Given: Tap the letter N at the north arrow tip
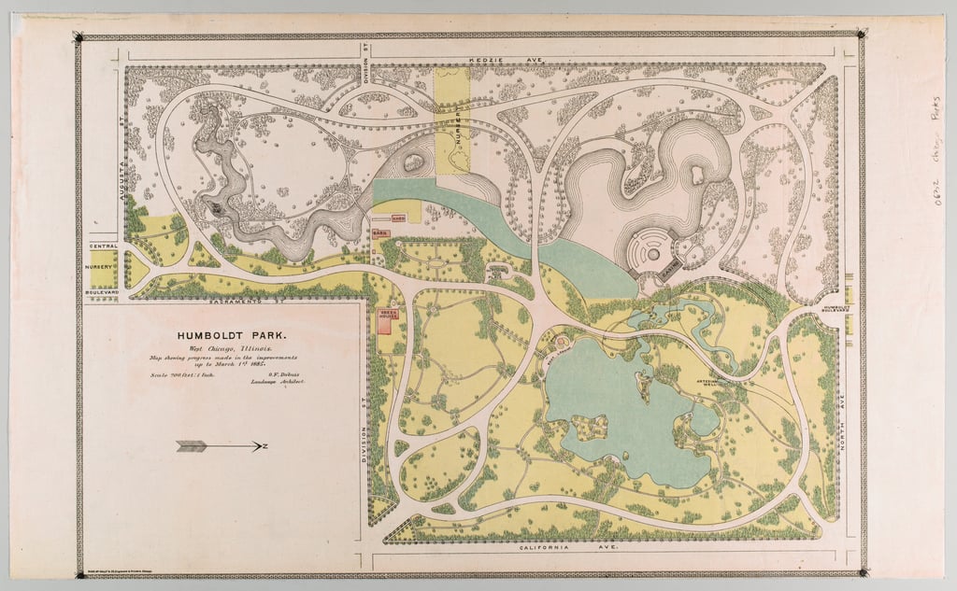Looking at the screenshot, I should pyautogui.click(x=265, y=446).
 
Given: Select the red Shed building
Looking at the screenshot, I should pyautogui.click(x=396, y=217).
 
